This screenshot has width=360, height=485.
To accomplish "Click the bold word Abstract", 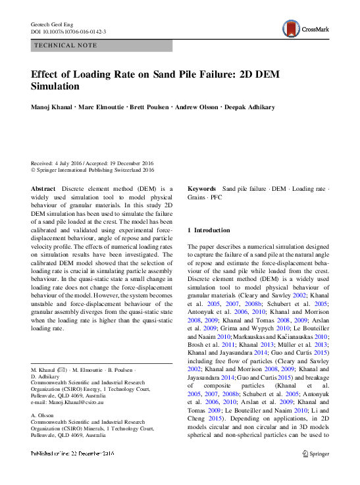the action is pyautogui.click(x=43, y=189).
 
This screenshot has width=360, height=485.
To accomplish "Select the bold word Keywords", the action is pyautogui.click(x=202, y=189).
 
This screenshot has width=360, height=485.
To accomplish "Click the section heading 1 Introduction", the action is pyautogui.click(x=209, y=230).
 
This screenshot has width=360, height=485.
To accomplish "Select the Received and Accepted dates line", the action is pyautogui.click(x=92, y=163).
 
